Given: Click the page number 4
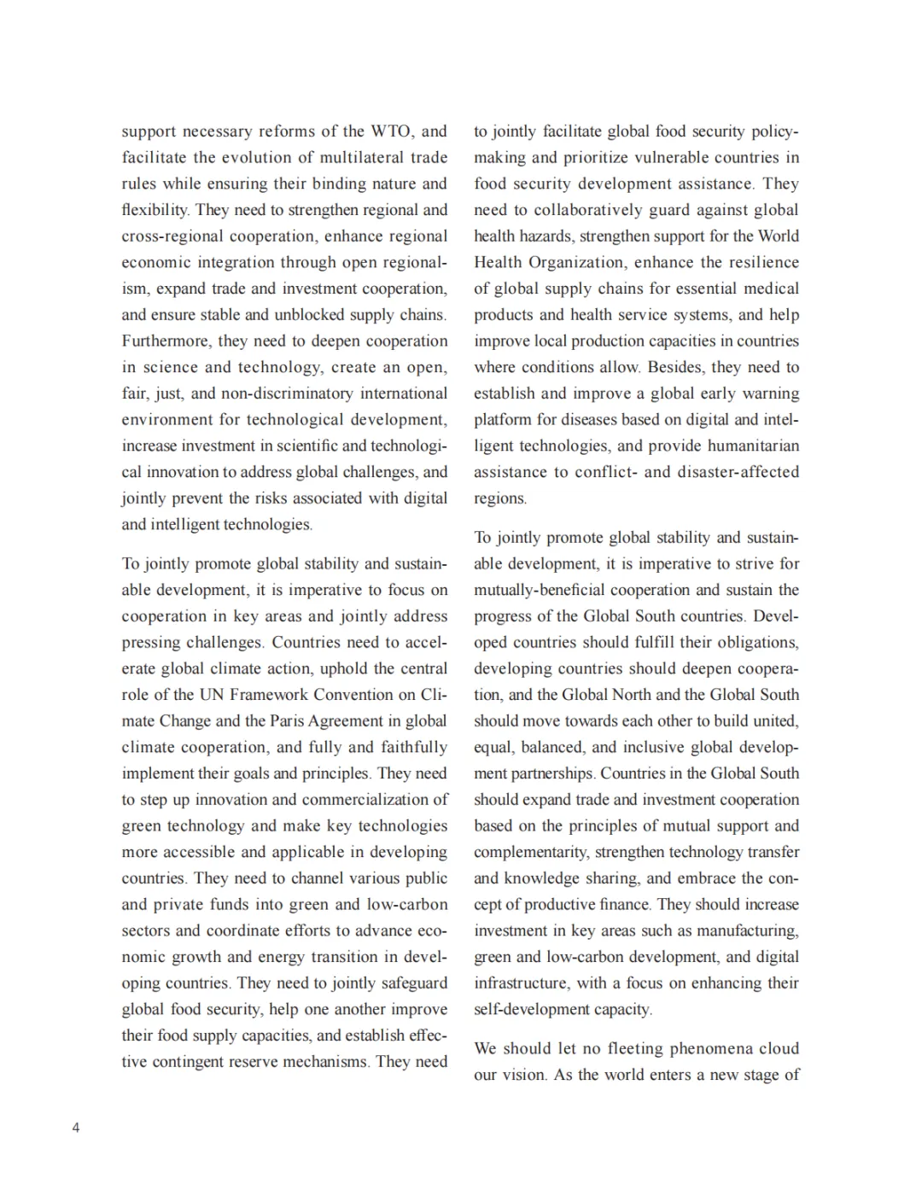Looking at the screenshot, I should click(76, 1128).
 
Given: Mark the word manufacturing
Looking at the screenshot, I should click(747, 931).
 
